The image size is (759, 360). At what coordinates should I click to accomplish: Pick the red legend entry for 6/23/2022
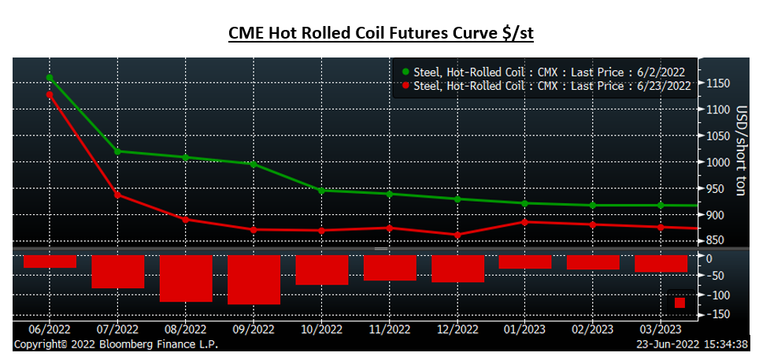[x=544, y=85]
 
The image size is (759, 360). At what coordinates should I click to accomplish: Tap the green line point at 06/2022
[x=50, y=78]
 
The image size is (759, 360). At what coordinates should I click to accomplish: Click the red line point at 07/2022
[x=118, y=195]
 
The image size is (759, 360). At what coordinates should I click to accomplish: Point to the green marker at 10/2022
[x=321, y=191]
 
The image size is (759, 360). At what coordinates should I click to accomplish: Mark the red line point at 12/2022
[x=457, y=235]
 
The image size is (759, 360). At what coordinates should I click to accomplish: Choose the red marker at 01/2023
[x=525, y=222]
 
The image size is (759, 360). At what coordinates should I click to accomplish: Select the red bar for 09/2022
[x=254, y=280]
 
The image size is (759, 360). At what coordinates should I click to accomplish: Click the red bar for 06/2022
[x=50, y=262]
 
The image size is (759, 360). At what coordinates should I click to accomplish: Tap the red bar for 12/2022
[x=457, y=269]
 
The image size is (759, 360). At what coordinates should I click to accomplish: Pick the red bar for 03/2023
[x=661, y=264]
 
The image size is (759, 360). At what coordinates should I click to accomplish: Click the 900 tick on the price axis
[x=716, y=215]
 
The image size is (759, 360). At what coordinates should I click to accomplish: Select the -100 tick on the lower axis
[x=718, y=295]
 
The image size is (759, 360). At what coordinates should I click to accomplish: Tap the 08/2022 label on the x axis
[x=186, y=329]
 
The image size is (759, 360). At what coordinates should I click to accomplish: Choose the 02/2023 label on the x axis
[x=593, y=329]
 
